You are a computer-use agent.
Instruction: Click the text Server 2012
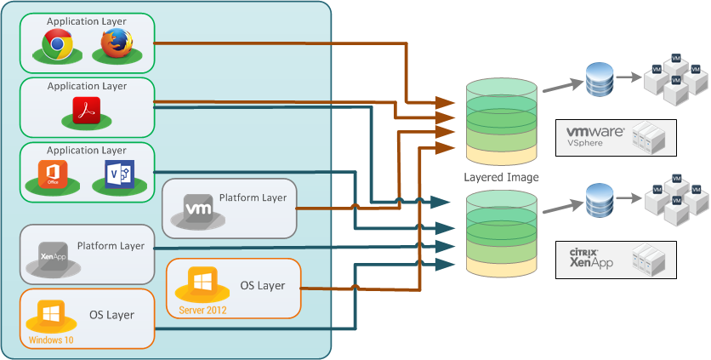click(203, 309)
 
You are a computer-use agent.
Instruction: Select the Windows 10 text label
click(51, 340)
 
